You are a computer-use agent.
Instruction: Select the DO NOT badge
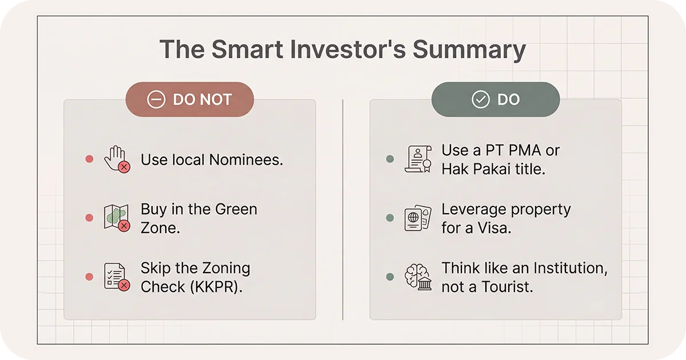190,99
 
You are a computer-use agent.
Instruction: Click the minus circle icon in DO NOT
155,99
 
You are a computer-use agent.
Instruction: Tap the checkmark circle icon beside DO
480,99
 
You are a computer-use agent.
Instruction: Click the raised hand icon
116,159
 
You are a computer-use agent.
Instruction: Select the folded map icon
116,218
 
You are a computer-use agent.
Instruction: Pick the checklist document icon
116,277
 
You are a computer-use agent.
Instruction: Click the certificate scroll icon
417,159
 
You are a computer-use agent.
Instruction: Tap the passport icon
417,218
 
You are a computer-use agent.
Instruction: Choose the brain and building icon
417,277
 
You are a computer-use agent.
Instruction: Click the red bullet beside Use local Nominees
89,159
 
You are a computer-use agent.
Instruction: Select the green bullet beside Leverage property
390,218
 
